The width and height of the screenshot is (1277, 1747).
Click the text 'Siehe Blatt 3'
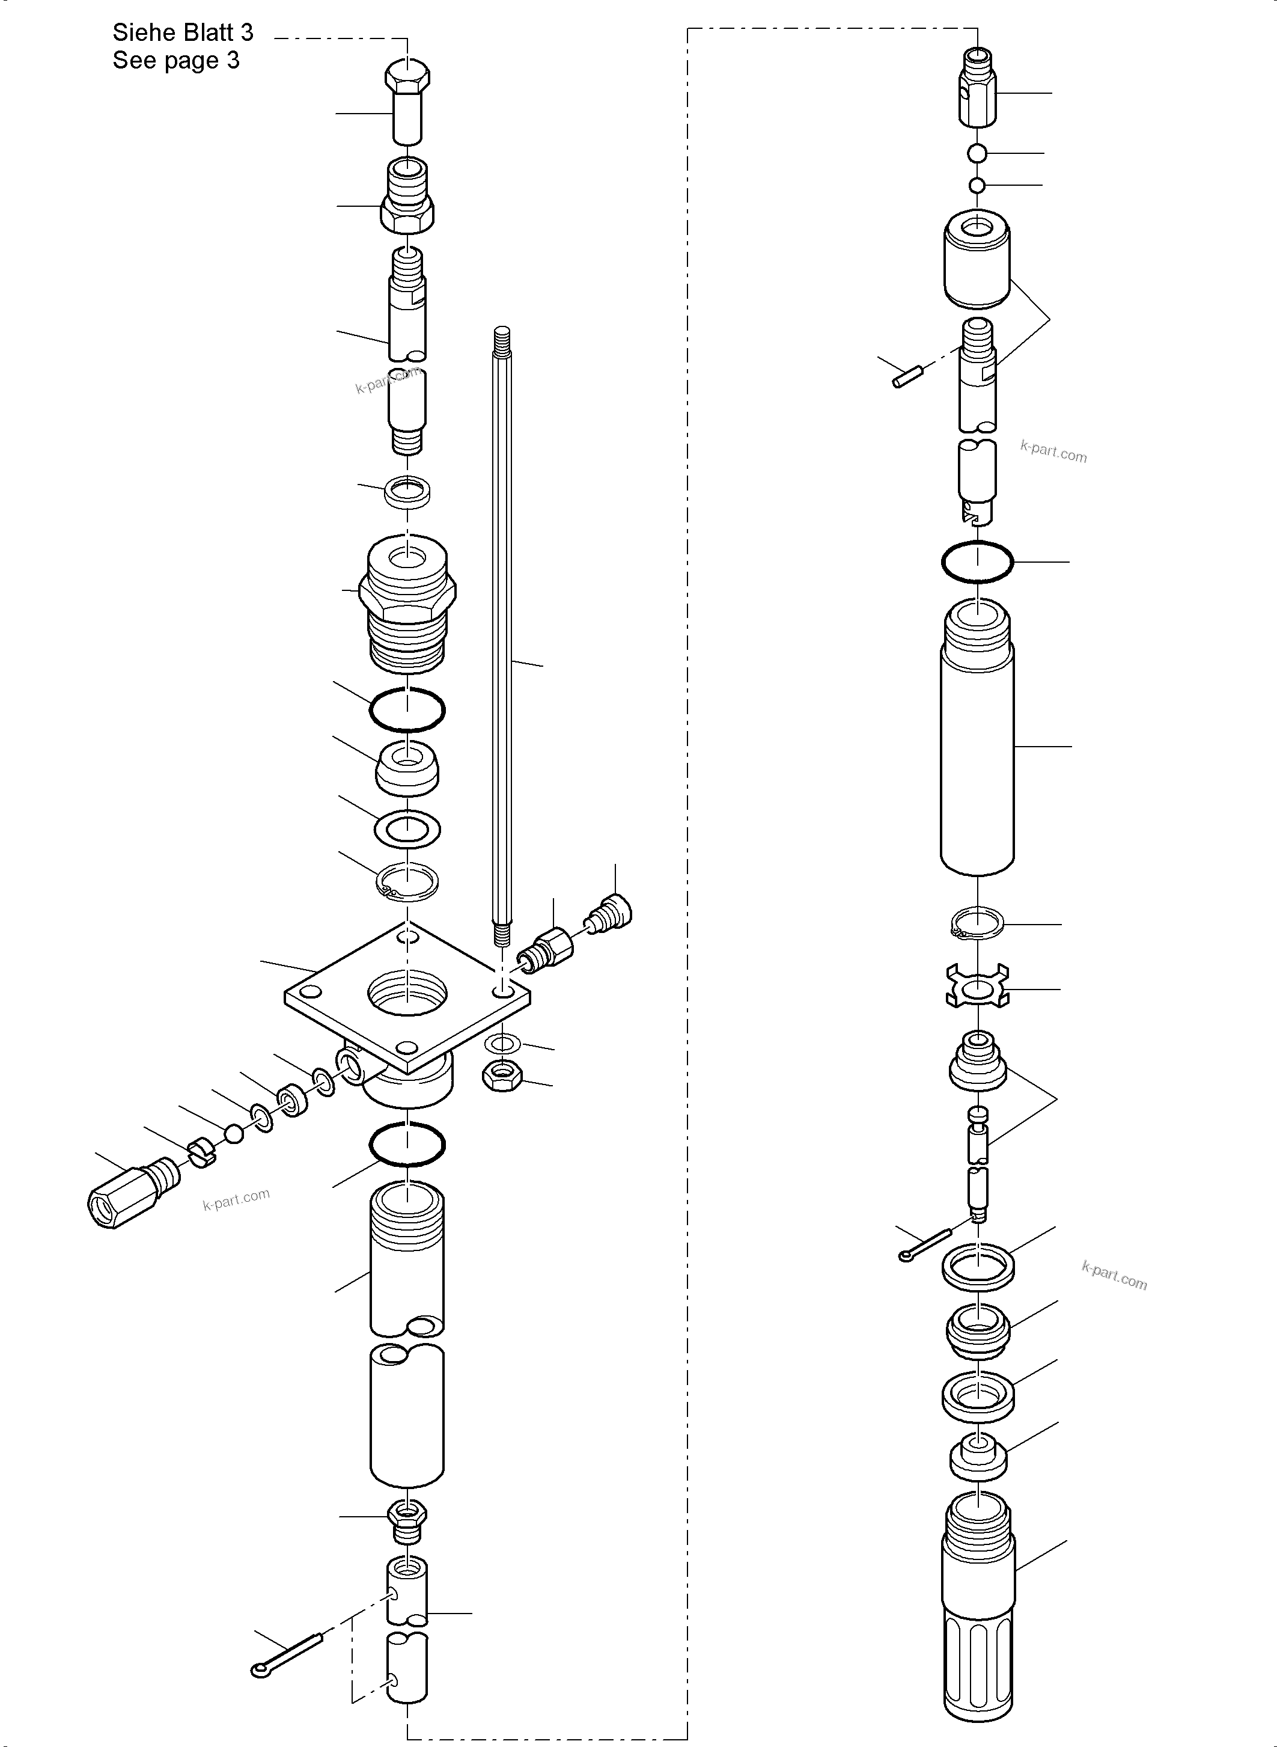tap(183, 32)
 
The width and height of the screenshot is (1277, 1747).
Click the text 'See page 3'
tap(176, 60)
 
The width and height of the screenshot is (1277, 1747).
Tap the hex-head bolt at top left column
tap(407, 100)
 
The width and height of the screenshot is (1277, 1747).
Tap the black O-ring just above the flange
tap(407, 709)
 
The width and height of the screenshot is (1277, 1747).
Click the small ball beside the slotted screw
tap(233, 1134)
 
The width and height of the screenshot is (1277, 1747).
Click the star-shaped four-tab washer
tap(978, 988)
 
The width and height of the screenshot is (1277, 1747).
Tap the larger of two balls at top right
tap(977, 153)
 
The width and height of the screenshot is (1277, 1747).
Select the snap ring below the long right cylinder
tap(977, 924)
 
